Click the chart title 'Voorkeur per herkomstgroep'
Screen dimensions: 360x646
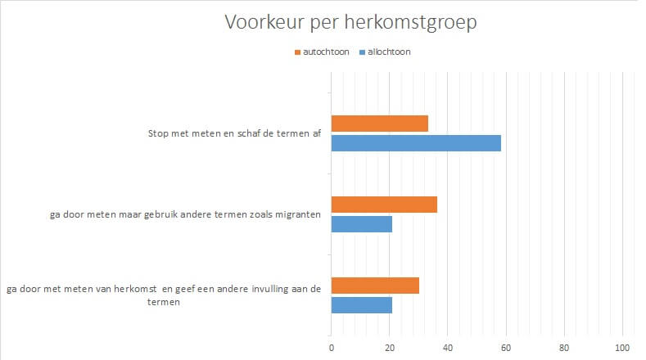point(350,23)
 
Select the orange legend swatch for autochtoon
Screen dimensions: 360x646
point(297,52)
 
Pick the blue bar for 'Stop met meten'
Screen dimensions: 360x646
point(416,143)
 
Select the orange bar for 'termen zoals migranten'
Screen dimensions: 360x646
point(384,205)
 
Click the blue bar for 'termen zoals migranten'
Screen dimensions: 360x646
point(361,224)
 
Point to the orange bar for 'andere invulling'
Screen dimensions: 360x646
point(375,286)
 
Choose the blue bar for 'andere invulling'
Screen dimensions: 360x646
point(361,305)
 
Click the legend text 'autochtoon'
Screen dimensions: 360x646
point(327,52)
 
